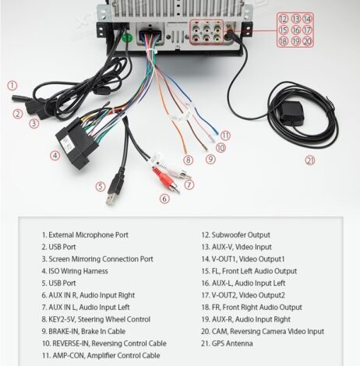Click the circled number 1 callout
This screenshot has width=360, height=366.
click(x=12, y=86)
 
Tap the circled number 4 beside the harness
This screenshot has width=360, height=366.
click(x=55, y=156)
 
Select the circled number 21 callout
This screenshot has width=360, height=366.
click(x=310, y=160)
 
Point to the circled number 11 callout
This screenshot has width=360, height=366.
click(x=225, y=135)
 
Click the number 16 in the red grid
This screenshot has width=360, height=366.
click(x=296, y=30)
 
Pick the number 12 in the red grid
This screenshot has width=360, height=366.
click(x=283, y=19)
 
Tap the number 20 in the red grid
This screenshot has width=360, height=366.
click(x=307, y=41)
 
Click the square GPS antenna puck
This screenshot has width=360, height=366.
click(x=291, y=114)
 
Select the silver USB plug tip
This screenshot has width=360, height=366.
click(x=111, y=199)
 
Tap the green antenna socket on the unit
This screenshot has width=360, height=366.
click(x=127, y=38)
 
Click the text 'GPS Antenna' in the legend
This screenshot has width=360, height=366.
click(x=232, y=343)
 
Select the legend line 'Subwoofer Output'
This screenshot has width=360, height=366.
click(x=236, y=235)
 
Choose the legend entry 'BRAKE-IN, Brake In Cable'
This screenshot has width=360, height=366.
click(x=83, y=332)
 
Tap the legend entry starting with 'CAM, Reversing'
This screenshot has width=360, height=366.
click(x=263, y=332)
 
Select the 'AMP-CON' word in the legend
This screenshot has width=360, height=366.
click(x=69, y=355)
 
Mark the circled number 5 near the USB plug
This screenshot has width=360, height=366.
click(x=101, y=186)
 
